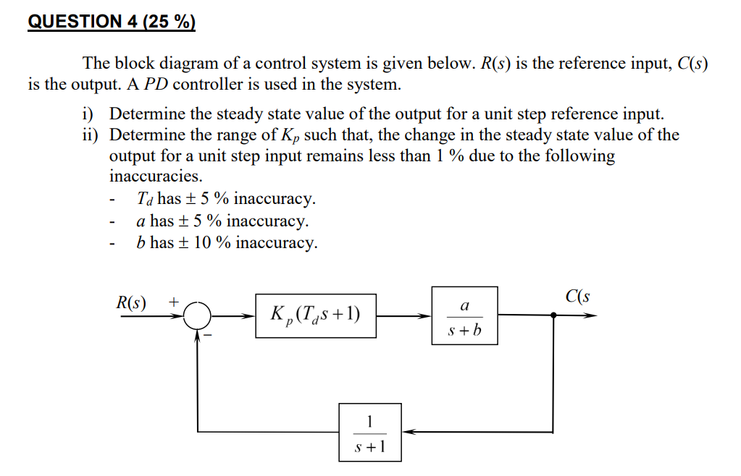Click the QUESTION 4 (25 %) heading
112,22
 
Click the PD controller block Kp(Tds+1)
316,315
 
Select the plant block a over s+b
464,315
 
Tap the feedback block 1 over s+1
370,432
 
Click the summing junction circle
197,315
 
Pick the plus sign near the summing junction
174,302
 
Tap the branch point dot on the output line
554,315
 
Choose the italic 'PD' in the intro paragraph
156,85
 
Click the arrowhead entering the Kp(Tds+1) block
249,315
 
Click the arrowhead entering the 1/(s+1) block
407,432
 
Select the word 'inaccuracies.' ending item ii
156,177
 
